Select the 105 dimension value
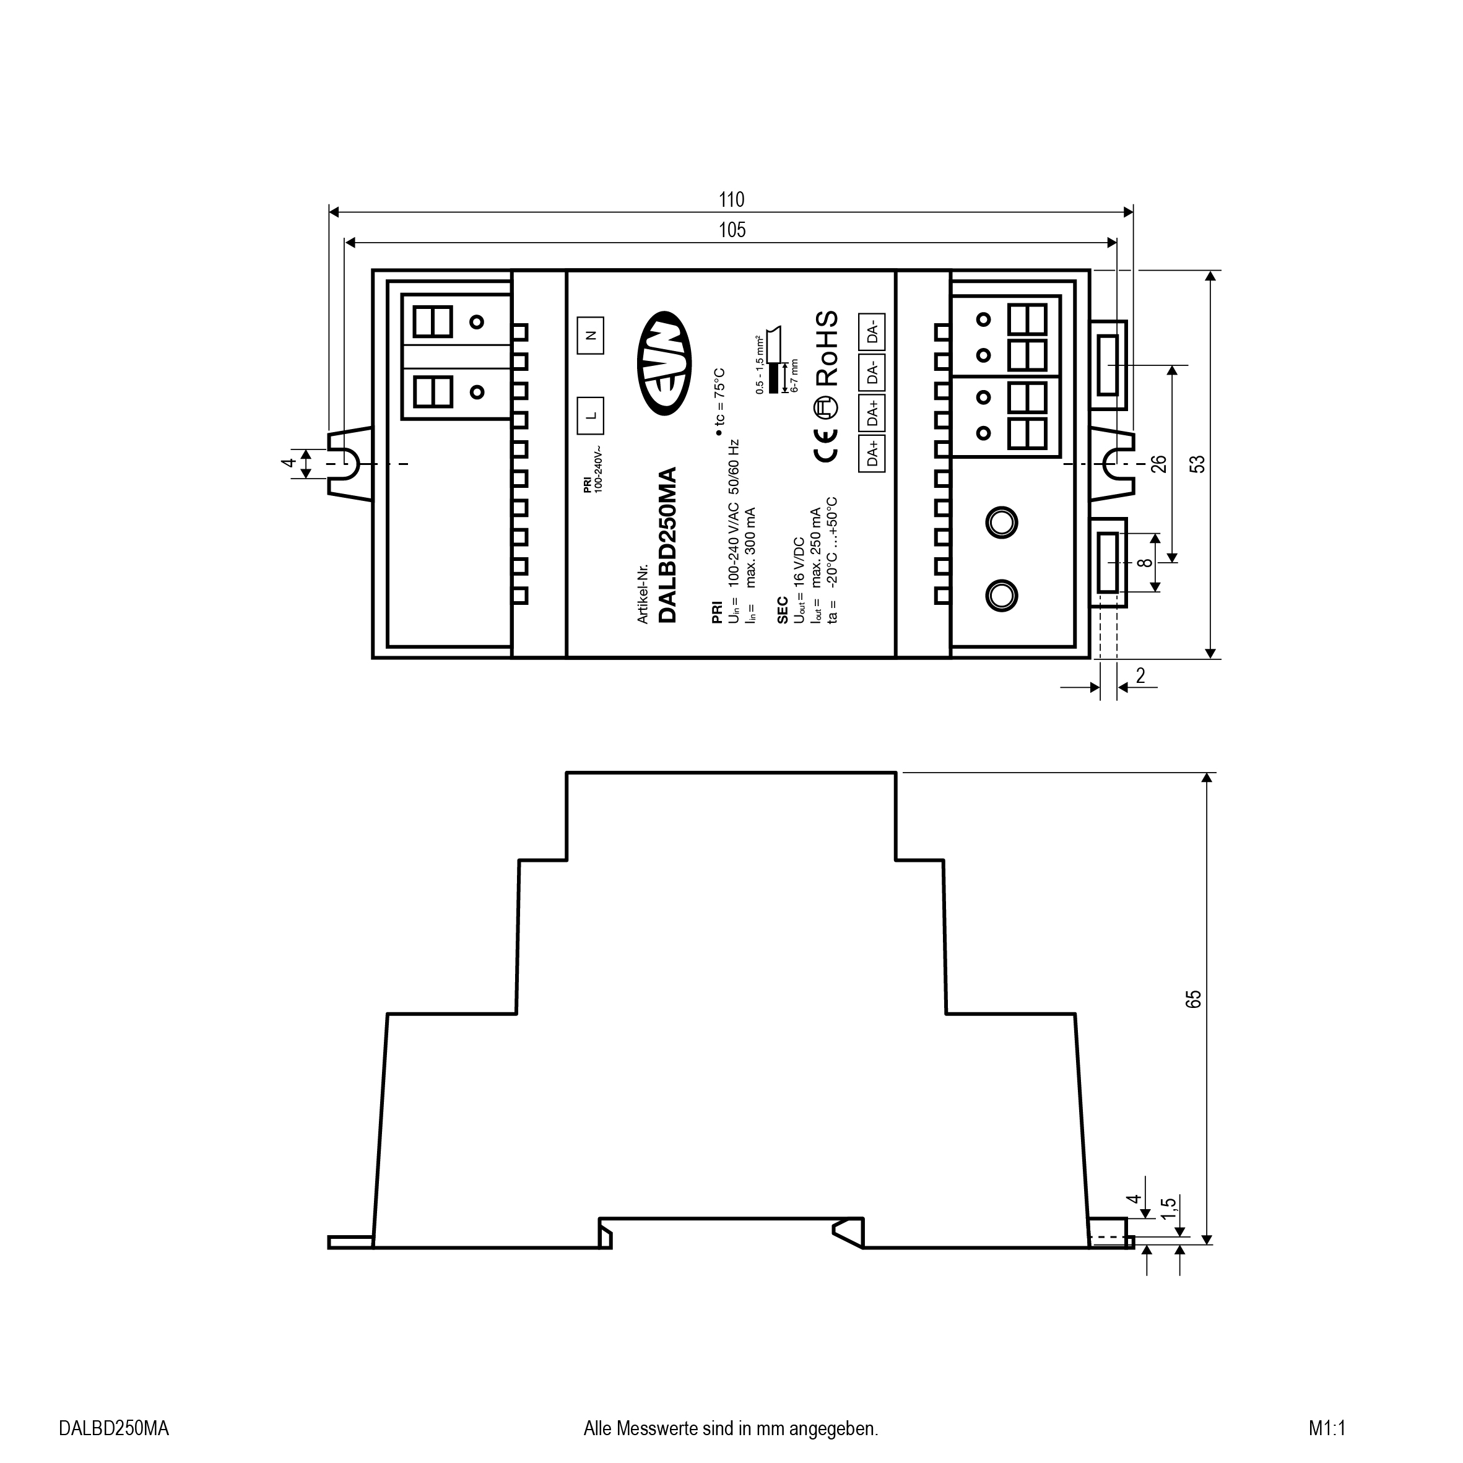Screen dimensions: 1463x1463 [732, 230]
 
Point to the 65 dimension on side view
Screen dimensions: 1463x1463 [1194, 999]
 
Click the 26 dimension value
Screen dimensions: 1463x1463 [1158, 464]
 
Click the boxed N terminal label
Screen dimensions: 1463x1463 [591, 335]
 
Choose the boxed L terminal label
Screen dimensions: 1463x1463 [591, 415]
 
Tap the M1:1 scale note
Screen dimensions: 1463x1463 [1327, 1429]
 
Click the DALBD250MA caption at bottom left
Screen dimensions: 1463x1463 [113, 1429]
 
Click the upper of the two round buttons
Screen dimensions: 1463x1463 [1001, 523]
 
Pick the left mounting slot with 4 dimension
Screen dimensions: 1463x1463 [349, 462]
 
